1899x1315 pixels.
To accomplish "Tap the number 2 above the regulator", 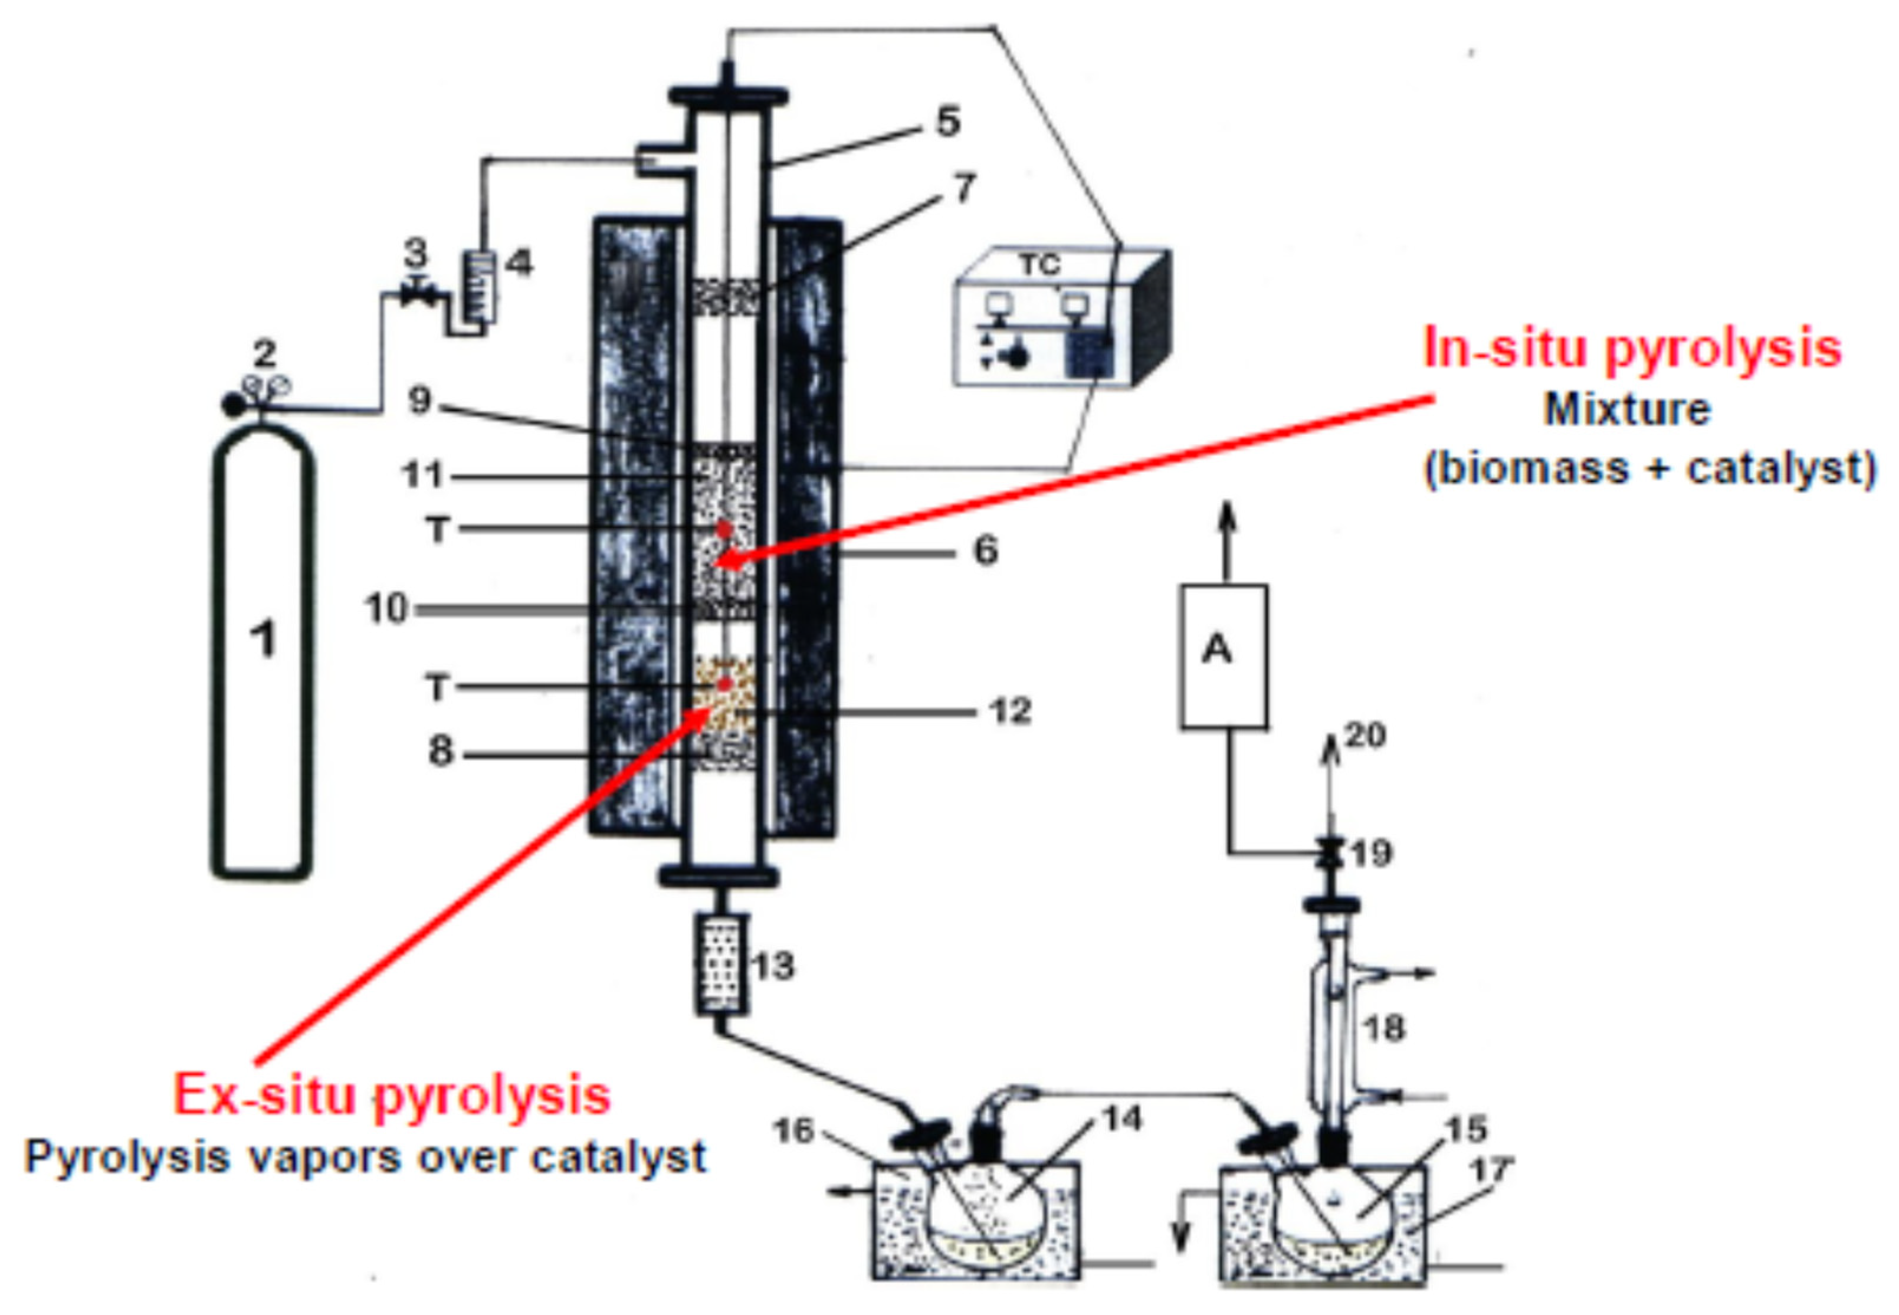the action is [264, 355].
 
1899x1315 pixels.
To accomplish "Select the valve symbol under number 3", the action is [418, 294].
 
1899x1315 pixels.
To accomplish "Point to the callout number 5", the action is [947, 122].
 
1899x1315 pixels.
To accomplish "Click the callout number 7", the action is [964, 188].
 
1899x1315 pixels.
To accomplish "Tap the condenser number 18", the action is [1384, 1028].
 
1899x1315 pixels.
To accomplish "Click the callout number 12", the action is [1010, 711].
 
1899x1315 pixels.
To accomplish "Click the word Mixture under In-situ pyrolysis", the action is [1626, 409].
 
